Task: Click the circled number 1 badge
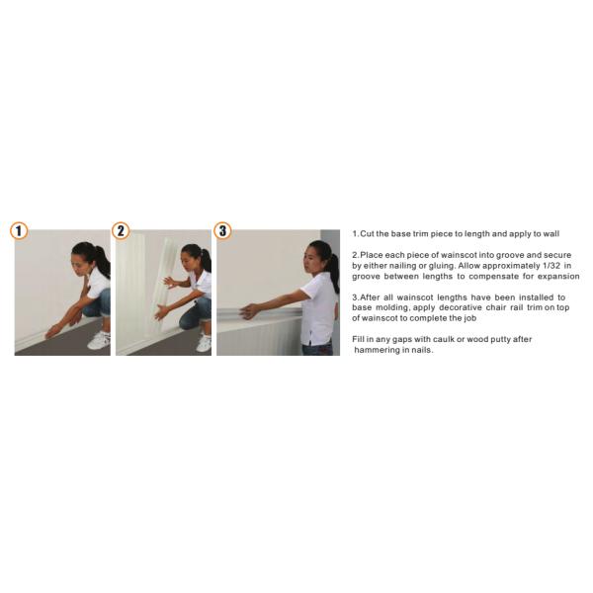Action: [x=19, y=231]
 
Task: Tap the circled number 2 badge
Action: [x=121, y=230]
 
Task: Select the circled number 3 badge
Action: [x=222, y=230]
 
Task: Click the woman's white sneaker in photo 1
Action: [x=99, y=340]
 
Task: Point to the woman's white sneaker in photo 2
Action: [x=205, y=343]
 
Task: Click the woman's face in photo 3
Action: [x=313, y=259]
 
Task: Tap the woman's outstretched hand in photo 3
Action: [x=249, y=311]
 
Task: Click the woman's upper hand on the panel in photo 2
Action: [x=169, y=282]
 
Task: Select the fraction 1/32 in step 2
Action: [x=552, y=266]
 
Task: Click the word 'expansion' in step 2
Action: [x=558, y=277]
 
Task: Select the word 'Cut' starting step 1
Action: [x=367, y=233]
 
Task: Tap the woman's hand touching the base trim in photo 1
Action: [x=51, y=333]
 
